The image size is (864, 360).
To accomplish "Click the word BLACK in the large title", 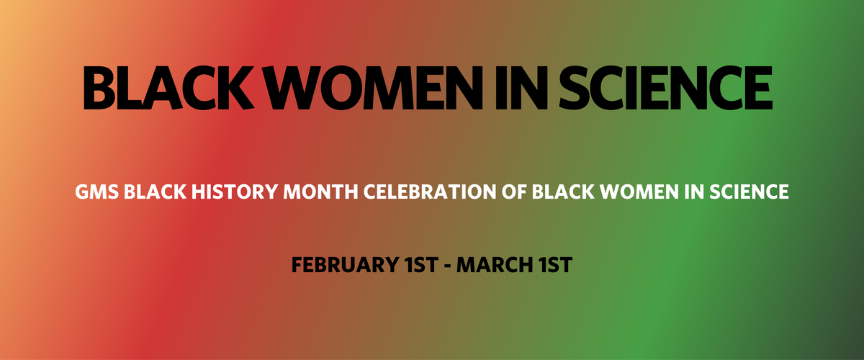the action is tap(168, 88).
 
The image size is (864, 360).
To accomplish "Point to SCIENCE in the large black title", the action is tap(666, 88).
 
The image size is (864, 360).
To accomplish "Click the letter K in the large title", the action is tap(233, 88).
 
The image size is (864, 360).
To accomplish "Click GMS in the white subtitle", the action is tap(96, 192).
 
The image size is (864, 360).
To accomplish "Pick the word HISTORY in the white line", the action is tap(235, 192).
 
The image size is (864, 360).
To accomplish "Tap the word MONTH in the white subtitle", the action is tap(321, 192).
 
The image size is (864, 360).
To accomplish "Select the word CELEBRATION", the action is tap(430, 192).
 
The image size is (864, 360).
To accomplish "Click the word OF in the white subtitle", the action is tap(514, 192).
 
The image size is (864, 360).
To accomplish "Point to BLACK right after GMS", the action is tap(155, 192).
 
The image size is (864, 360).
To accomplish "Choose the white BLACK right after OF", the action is tap(563, 192).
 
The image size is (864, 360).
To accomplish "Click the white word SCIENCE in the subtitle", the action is tap(749, 192).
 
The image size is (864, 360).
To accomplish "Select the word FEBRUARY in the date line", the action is tap(345, 265).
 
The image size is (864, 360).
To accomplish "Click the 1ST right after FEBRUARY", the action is tap(422, 265).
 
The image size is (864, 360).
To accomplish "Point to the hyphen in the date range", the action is tap(447, 266).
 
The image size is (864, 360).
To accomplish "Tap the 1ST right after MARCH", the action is tap(556, 265).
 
